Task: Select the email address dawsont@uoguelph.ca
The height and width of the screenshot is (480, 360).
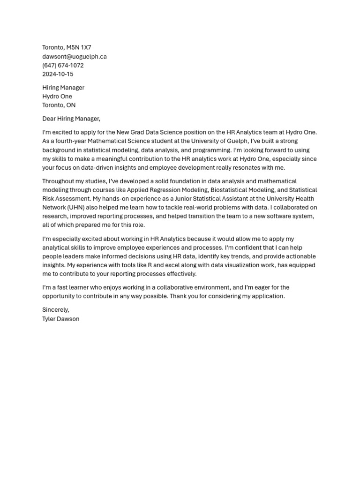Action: click(x=74, y=56)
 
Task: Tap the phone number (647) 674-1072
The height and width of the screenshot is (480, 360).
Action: click(x=63, y=65)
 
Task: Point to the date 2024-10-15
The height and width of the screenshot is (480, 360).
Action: click(x=58, y=74)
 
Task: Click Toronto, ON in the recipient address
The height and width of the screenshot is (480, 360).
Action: click(x=59, y=105)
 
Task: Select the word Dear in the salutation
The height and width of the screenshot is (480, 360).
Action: click(x=49, y=119)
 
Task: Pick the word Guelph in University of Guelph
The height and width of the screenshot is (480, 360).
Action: click(x=236, y=141)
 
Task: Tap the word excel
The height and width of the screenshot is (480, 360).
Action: click(x=163, y=265)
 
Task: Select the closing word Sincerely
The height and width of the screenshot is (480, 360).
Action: click(x=55, y=310)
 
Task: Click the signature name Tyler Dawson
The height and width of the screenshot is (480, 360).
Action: click(x=60, y=319)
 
